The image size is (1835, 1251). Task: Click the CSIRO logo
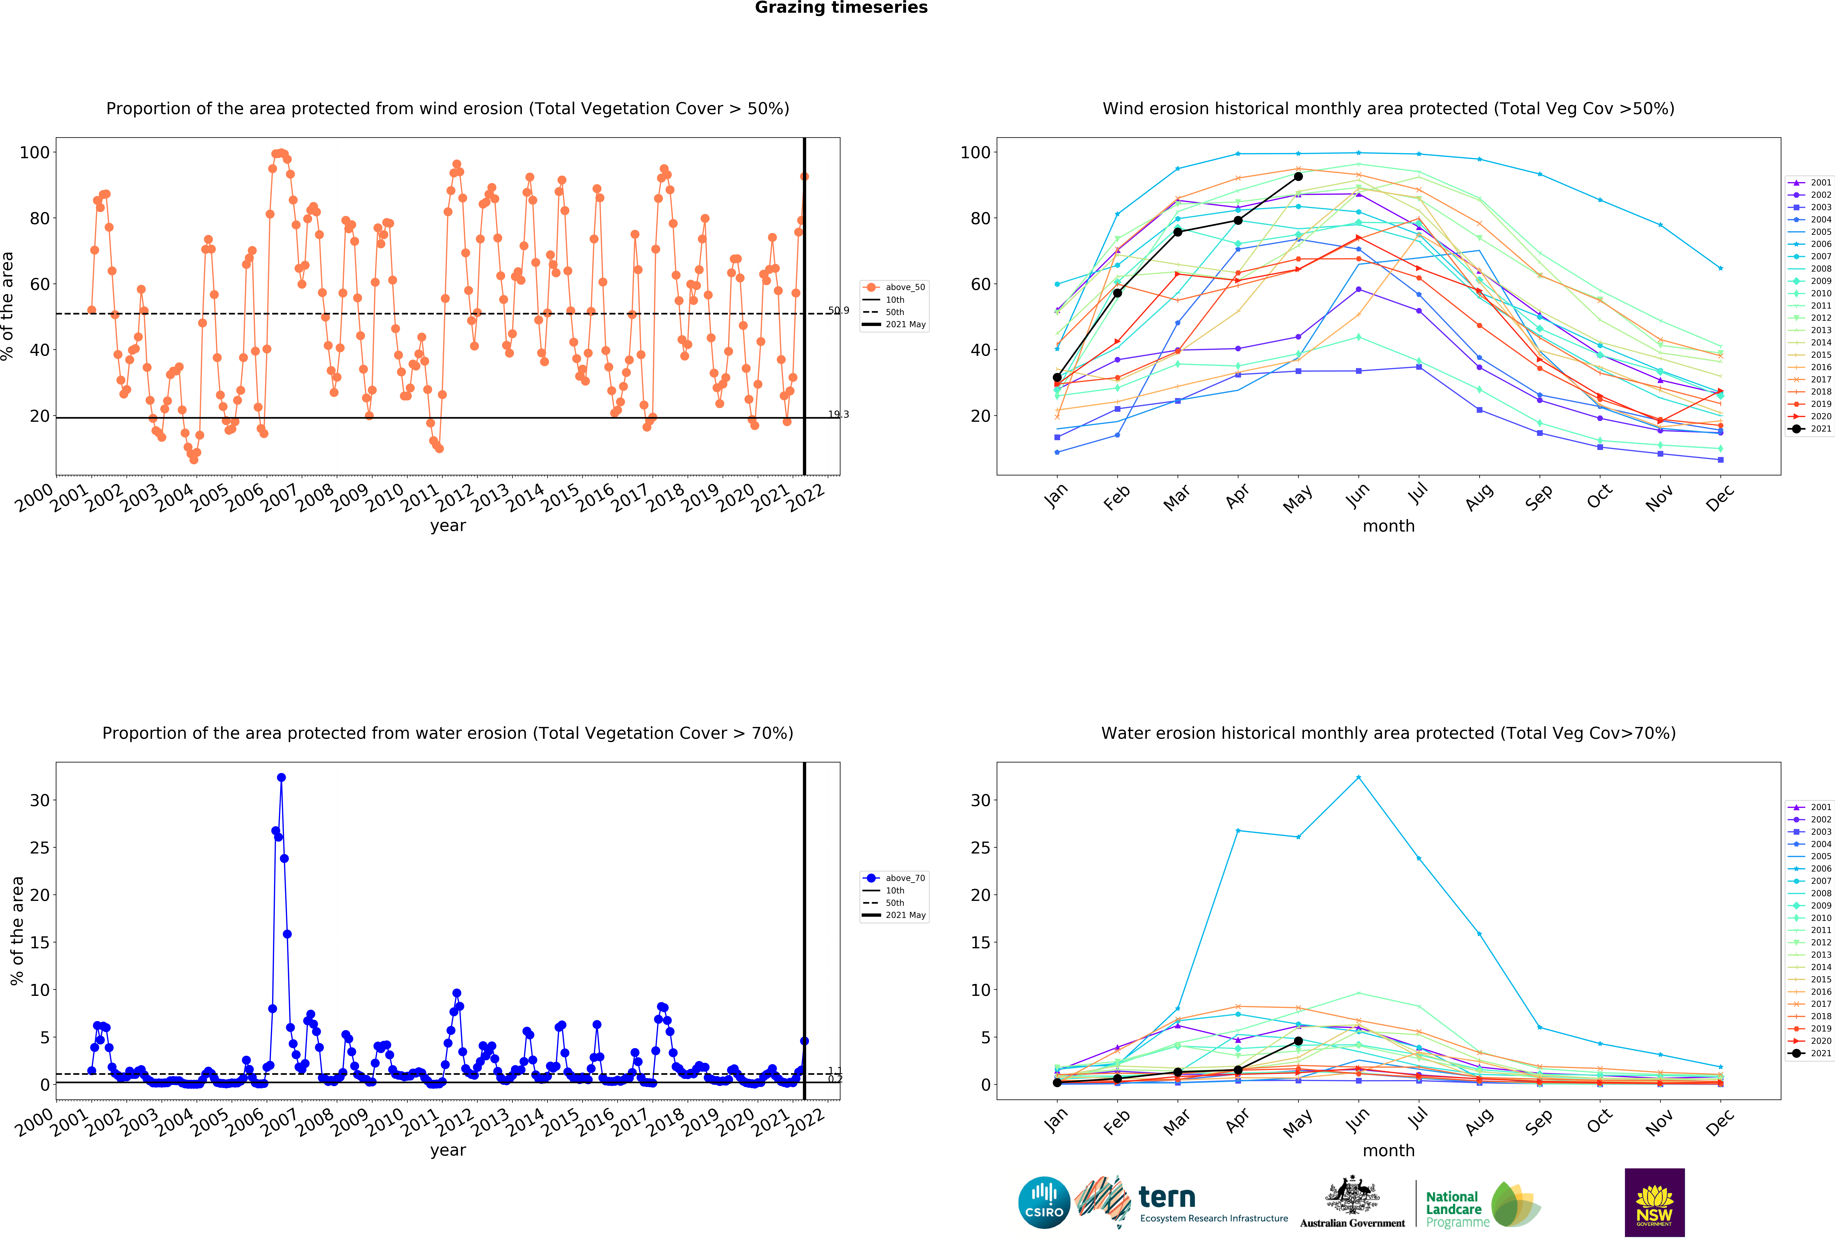tap(1044, 1203)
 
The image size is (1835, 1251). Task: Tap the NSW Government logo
tap(1654, 1202)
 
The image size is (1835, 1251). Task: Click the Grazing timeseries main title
tap(841, 8)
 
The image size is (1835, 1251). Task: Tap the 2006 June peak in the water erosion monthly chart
tap(1358, 777)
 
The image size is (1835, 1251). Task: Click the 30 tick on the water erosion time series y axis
tap(40, 800)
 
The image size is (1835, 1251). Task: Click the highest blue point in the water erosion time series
tap(281, 777)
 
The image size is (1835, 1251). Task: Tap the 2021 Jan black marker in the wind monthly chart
tap(1057, 378)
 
